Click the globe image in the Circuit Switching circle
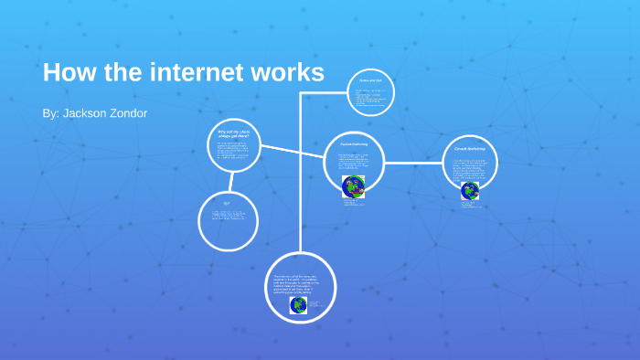tap(469, 191)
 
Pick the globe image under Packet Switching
tap(353, 187)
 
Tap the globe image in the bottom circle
tap(298, 304)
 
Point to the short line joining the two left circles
tap(231, 184)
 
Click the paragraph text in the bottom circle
tap(302, 283)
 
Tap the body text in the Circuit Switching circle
tap(469, 168)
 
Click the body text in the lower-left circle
tap(227, 217)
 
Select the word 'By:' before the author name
tap(50, 113)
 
